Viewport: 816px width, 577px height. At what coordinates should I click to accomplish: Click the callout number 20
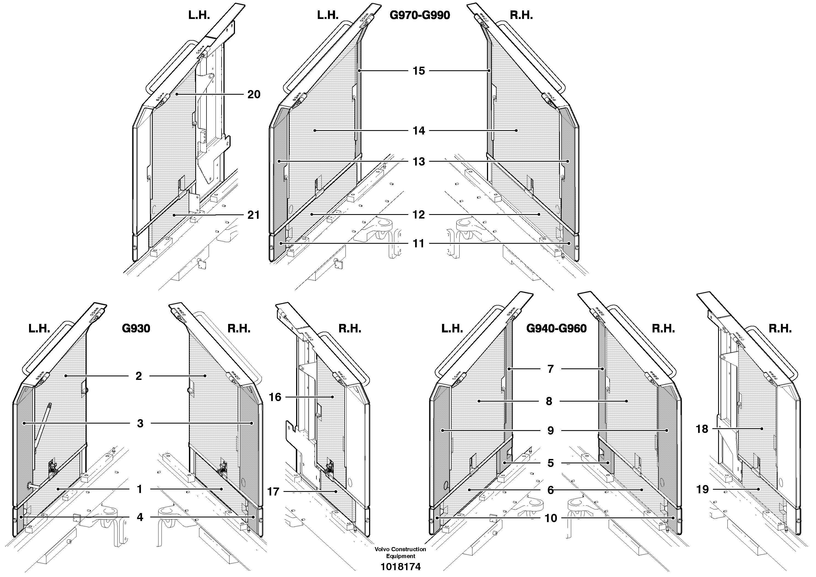254,95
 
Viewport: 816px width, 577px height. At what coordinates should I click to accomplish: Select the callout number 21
253,215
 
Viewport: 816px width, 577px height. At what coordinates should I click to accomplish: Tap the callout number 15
419,71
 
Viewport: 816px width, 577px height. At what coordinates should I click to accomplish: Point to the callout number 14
419,131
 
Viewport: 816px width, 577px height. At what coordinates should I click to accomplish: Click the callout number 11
419,244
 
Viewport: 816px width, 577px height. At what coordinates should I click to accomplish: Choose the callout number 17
273,492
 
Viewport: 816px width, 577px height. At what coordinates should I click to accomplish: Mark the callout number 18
702,429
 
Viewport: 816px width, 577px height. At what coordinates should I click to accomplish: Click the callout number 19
702,489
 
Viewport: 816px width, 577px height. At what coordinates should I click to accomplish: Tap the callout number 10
551,518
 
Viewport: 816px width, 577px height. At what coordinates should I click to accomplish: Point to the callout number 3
140,423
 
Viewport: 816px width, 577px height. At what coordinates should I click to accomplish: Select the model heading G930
136,328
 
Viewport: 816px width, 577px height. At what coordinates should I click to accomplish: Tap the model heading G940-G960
556,328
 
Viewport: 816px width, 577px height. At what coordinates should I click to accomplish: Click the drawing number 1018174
401,567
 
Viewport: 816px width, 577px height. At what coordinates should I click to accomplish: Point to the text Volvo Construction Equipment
401,553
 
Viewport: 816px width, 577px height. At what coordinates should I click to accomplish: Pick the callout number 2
139,376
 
